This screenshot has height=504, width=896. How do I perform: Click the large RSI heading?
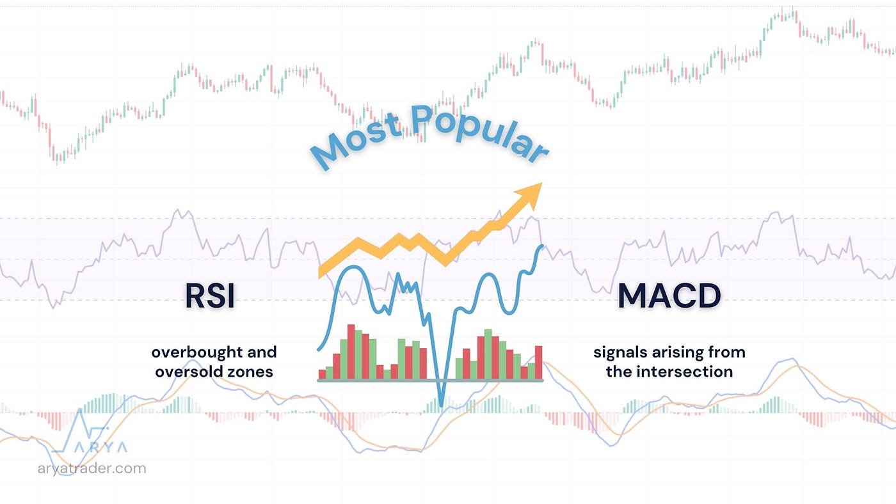pyautogui.click(x=210, y=295)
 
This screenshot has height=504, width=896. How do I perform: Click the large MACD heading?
pyautogui.click(x=669, y=295)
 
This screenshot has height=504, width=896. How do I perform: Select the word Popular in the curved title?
pyautogui.click(x=480, y=132)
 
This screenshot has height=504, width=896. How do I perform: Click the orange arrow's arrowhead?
pyautogui.click(x=530, y=194)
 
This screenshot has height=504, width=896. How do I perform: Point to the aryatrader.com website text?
pyautogui.click(x=92, y=468)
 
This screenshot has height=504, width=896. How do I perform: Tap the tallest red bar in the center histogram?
pyautogui.click(x=351, y=352)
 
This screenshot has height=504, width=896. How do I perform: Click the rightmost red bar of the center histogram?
pyautogui.click(x=538, y=363)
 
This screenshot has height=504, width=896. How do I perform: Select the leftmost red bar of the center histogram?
pyautogui.click(x=322, y=375)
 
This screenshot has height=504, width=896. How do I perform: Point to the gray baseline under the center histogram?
pyautogui.click(x=430, y=381)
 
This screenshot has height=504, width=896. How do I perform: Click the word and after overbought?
pyautogui.click(x=262, y=352)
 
